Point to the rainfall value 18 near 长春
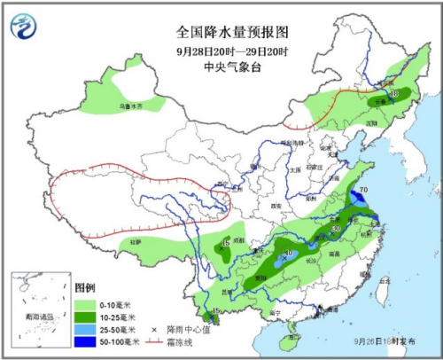point(394,93)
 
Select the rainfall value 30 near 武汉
point(336,229)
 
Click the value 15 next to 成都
point(227,244)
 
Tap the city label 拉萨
point(135,241)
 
